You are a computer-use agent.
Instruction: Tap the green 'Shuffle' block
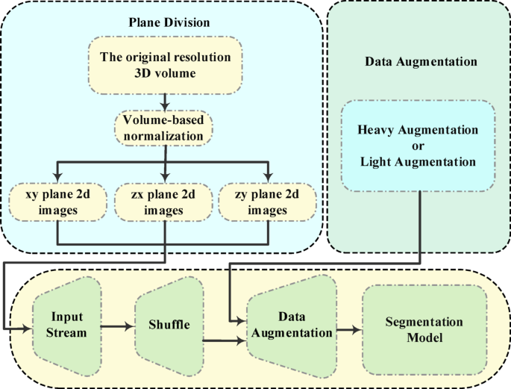point(168,326)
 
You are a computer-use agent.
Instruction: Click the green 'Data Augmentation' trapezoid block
point(292,327)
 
